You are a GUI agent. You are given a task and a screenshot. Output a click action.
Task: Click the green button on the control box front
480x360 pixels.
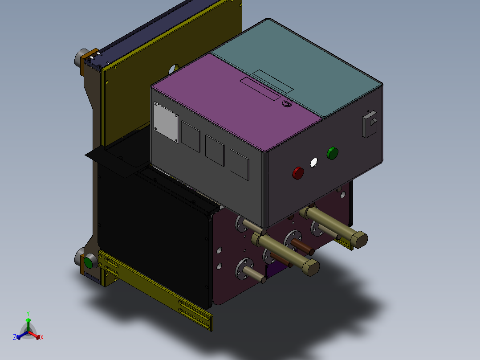coord(332,153)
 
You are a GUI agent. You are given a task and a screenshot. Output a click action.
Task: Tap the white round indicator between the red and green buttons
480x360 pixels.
coord(314,163)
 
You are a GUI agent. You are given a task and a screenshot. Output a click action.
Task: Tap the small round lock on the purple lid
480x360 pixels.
coord(287,104)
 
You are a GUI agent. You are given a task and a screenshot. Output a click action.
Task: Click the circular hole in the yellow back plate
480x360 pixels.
coord(173,69)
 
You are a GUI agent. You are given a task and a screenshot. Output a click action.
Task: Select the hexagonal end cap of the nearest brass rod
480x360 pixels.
coord(310,268)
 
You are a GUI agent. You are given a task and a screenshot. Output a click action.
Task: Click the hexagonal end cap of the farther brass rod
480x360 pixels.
coord(359,239)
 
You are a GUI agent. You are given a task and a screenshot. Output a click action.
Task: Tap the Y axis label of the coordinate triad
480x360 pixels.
coord(28,313)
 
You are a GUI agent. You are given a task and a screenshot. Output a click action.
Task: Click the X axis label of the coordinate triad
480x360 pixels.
coord(42,337)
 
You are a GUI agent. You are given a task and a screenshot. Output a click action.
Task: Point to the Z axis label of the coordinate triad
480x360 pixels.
coord(14,338)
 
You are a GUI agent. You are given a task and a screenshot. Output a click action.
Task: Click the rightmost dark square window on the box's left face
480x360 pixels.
coord(239,164)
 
